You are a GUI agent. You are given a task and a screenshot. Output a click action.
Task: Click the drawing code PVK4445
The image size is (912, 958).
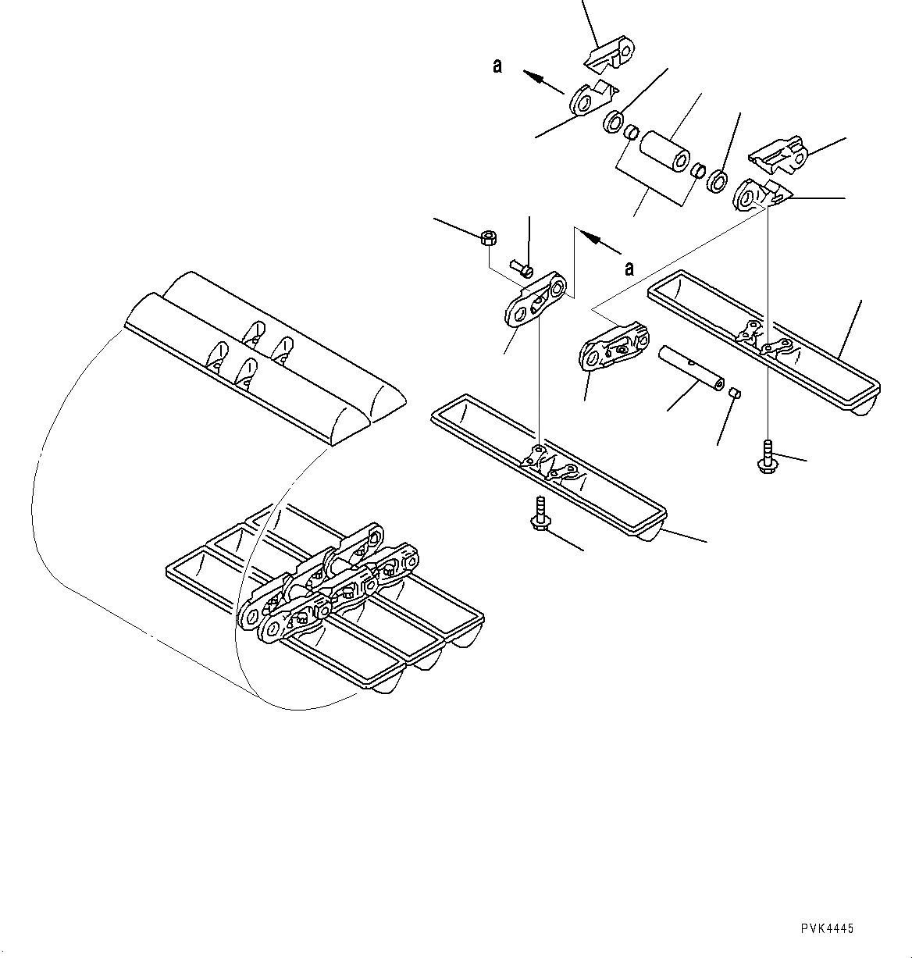827,928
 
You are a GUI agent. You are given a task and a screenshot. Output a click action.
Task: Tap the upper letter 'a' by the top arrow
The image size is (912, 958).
497,66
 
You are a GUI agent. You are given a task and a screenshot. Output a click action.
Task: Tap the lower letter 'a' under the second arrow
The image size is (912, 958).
629,269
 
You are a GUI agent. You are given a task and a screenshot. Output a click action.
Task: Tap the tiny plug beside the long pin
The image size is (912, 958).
734,393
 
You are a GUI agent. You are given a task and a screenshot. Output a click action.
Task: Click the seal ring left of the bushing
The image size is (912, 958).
614,122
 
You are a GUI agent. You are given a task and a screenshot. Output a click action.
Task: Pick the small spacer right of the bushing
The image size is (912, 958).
700,171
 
